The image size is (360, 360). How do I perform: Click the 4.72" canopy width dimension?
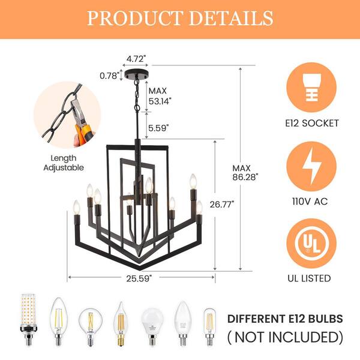[x=136, y=59]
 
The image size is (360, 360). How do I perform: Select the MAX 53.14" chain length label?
[x=160, y=96]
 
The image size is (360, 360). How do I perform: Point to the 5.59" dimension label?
[x=158, y=128]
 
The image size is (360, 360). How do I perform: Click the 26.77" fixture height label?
[x=222, y=204]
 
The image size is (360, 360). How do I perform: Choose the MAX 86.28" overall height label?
[x=245, y=173]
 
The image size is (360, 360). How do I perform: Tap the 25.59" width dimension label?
[x=139, y=278]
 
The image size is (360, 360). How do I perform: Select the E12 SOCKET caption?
[x=312, y=123]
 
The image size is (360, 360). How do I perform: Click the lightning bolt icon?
[x=311, y=166]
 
